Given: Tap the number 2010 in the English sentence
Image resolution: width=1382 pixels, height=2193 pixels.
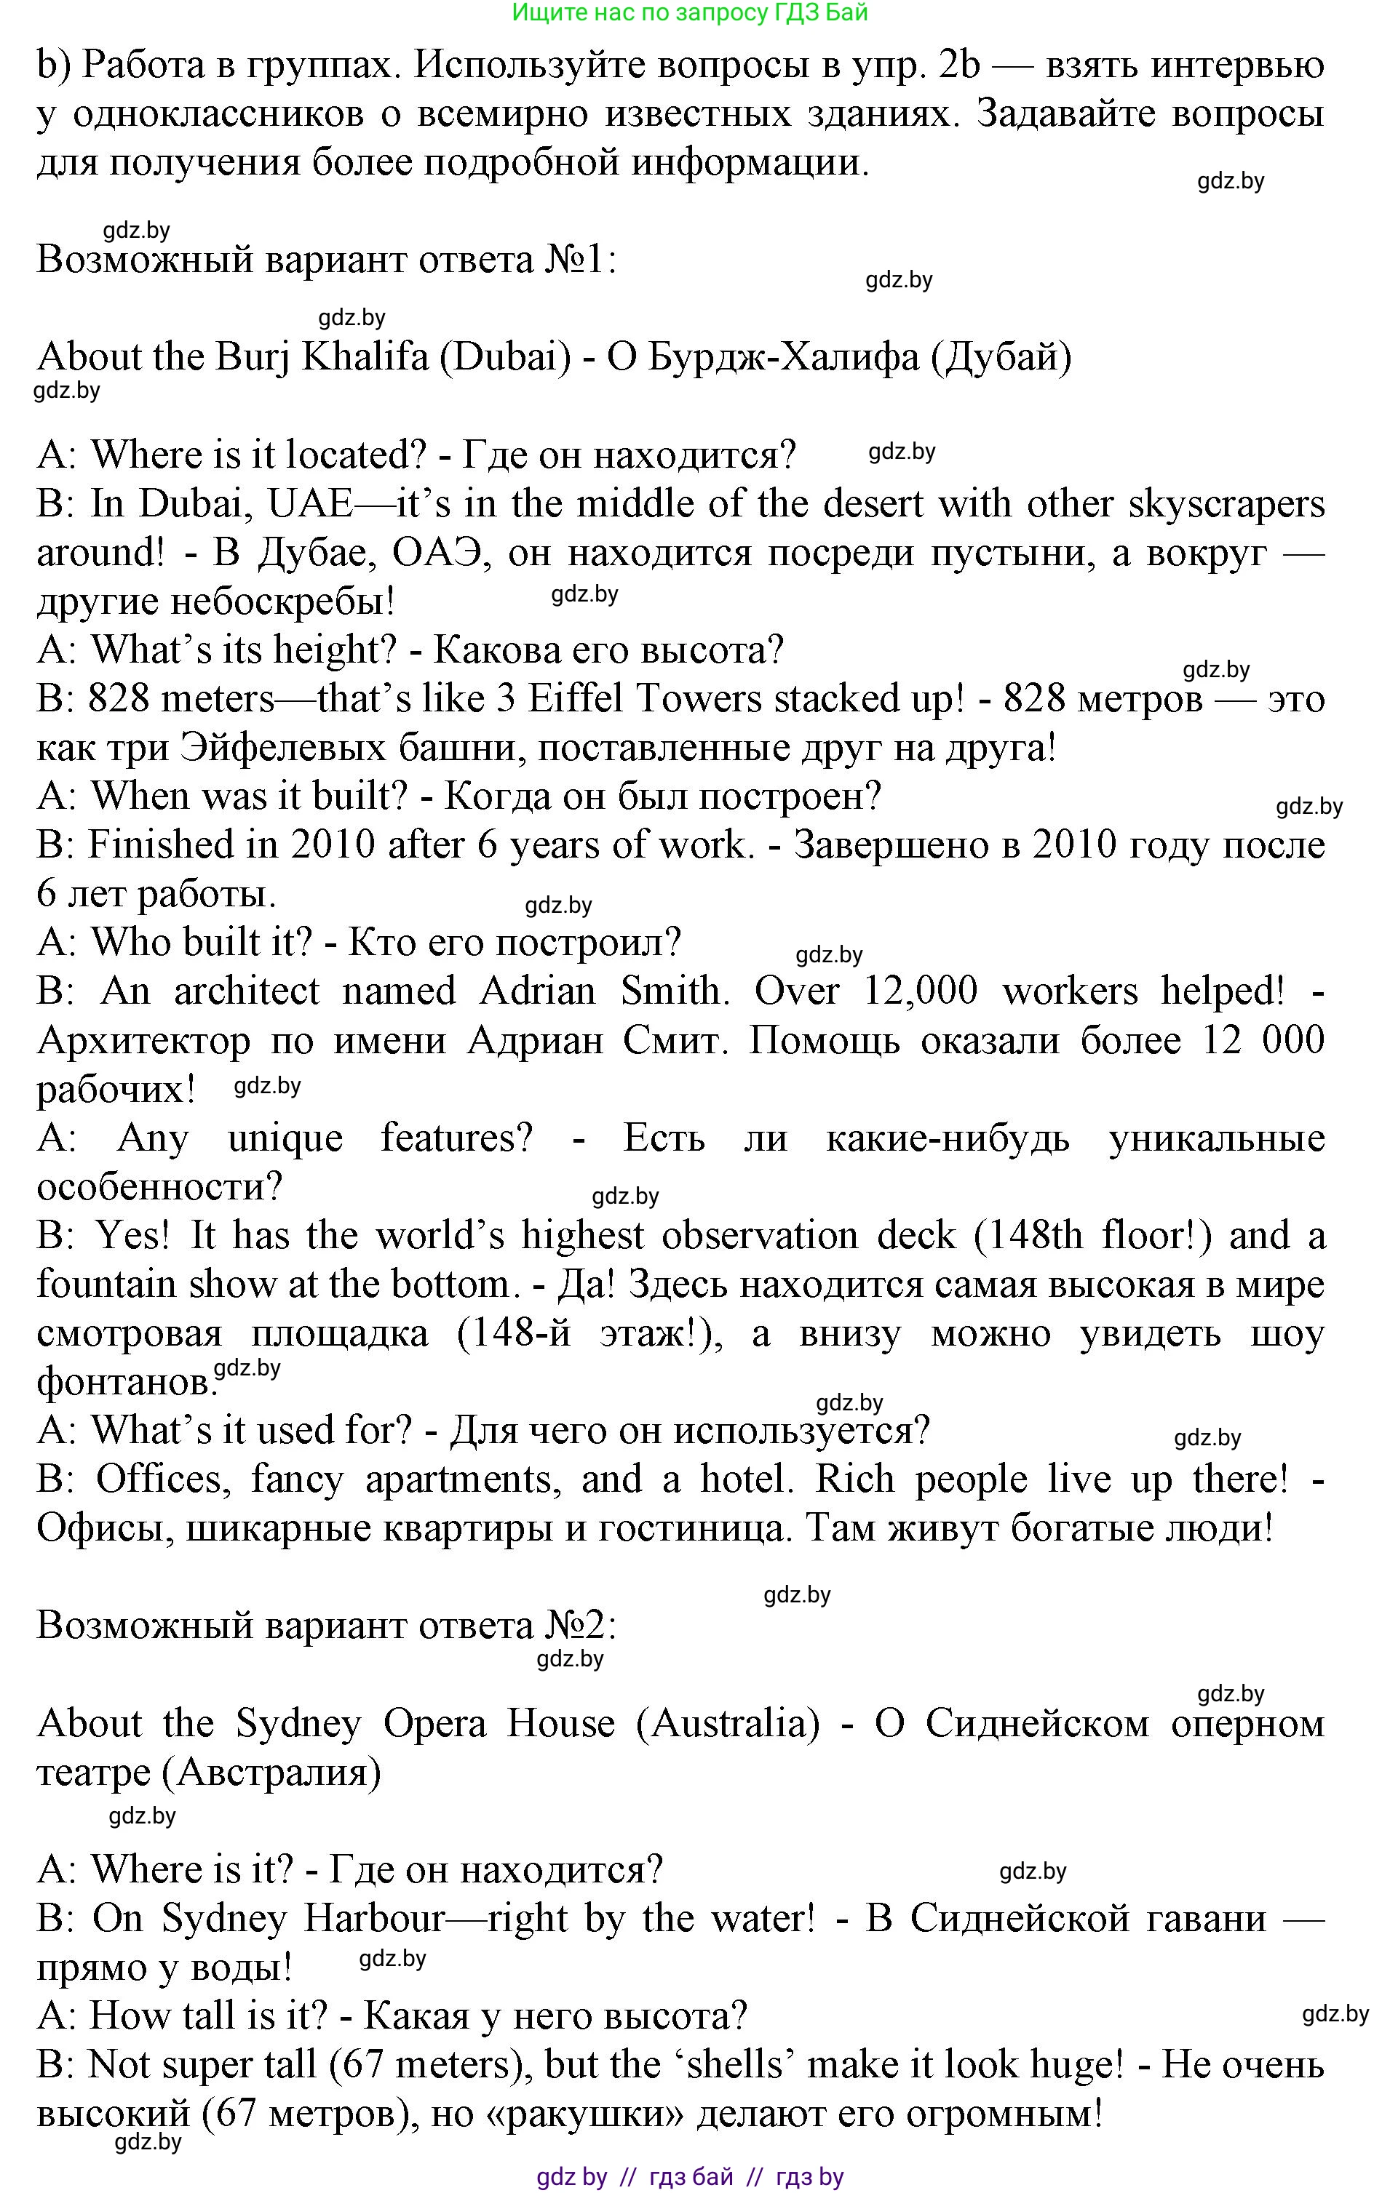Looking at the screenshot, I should pyautogui.click(x=333, y=844).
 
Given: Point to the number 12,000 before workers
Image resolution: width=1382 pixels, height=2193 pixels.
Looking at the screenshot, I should pyautogui.click(x=920, y=991).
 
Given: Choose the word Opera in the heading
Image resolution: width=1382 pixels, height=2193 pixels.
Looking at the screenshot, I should pyautogui.click(x=434, y=1724).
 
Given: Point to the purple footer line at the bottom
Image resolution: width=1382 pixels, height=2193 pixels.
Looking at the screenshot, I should pyautogui.click(x=690, y=2176).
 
